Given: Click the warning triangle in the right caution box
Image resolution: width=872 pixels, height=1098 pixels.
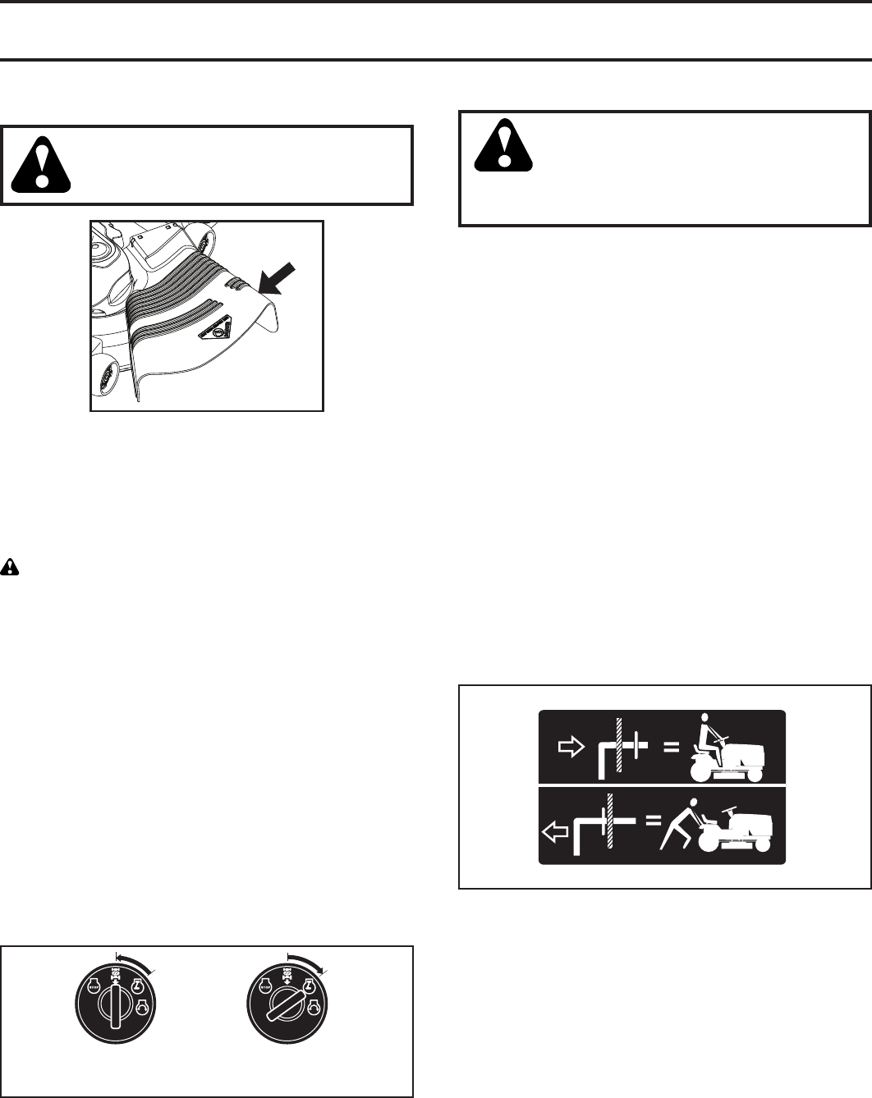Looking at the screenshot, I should (503, 145).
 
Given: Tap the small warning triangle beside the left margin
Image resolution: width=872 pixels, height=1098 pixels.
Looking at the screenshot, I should (10, 566).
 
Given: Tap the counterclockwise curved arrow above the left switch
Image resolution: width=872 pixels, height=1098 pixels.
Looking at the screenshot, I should (135, 961).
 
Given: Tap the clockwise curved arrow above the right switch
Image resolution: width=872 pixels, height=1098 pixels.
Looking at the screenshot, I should (307, 961).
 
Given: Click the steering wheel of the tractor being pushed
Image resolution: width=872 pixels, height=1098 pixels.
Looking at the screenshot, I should (728, 810).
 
